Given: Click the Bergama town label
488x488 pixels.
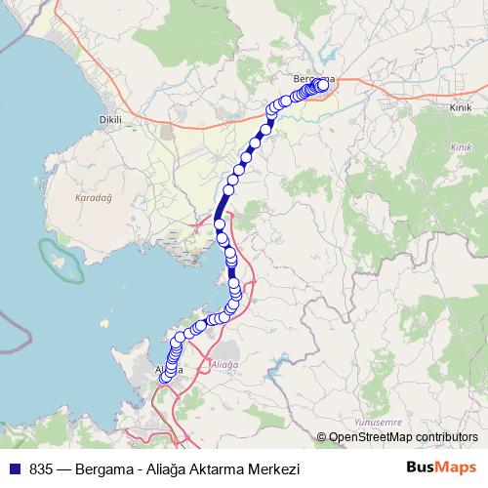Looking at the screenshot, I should coord(313,77).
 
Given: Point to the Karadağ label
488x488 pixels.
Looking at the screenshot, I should coord(94,197).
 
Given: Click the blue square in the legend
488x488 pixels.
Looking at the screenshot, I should coord(14,468).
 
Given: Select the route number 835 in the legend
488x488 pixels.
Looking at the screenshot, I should coord(40,468).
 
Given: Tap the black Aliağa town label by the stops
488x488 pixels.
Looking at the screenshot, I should coord(168,370).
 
